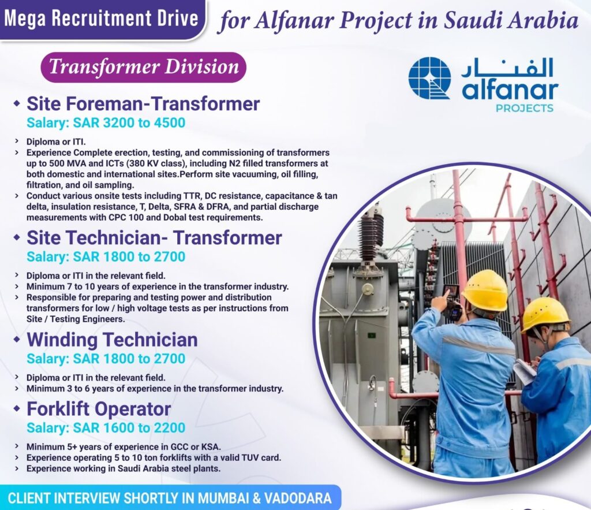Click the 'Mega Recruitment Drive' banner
102,19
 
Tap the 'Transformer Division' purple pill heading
144,67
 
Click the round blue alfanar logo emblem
429,78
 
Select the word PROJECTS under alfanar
524,108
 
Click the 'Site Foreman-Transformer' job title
143,103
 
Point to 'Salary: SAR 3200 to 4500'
106,122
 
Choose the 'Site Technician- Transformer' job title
154,237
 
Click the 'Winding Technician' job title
112,340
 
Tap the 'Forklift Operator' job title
99,408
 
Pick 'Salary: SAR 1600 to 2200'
106,428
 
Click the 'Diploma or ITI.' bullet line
56,142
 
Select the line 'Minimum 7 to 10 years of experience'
158,286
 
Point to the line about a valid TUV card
154,457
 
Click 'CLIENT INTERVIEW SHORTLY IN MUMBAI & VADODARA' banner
170,498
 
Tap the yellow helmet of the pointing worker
485,289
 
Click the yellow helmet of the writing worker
545,315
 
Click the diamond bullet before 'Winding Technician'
16,340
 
